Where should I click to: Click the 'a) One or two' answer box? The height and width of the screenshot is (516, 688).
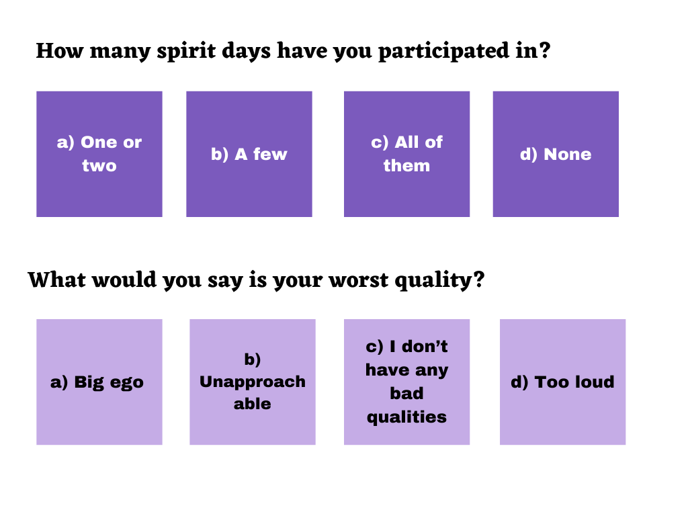(x=99, y=154)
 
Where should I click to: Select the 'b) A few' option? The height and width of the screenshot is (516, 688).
(x=249, y=154)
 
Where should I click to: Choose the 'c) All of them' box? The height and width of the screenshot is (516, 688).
(x=406, y=154)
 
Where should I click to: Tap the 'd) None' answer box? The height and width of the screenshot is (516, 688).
(x=556, y=154)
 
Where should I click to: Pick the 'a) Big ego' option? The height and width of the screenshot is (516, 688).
(x=99, y=382)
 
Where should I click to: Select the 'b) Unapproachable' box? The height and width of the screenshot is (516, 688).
(x=253, y=382)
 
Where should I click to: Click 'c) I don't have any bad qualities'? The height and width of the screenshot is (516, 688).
(x=406, y=382)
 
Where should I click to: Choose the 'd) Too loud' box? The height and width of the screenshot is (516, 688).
(x=562, y=382)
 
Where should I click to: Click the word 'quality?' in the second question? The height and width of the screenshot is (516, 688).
(x=439, y=281)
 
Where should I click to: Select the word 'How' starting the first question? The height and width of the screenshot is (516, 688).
(x=60, y=50)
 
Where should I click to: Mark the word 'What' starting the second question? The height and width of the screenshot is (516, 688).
(x=57, y=279)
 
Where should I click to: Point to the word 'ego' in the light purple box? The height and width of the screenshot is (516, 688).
(x=127, y=383)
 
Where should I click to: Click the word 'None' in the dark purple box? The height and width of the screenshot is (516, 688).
(x=568, y=154)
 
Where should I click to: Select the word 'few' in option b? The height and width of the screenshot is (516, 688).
(x=270, y=154)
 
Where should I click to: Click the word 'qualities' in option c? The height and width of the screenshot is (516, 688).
(x=406, y=417)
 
